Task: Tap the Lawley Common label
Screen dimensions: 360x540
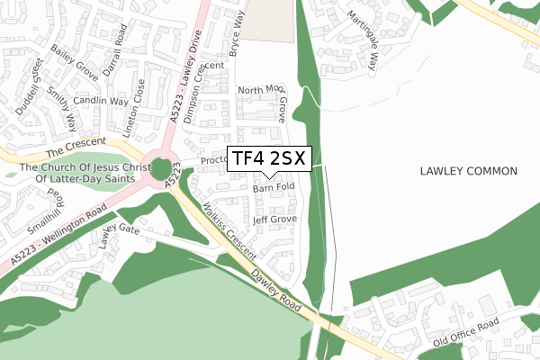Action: coord(468,171)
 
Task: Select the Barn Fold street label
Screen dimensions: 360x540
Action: coord(274,188)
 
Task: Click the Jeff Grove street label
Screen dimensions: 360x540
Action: coord(274,219)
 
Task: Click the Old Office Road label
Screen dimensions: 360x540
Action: coord(465,330)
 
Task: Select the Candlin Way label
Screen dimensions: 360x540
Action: coord(101,101)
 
